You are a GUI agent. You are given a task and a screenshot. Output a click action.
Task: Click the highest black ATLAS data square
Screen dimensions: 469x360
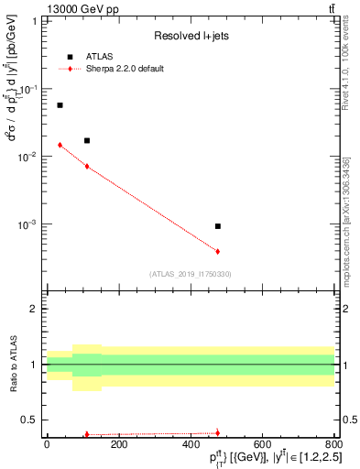tap(60, 105)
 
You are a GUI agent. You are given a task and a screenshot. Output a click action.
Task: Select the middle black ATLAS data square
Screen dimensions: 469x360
tap(87, 140)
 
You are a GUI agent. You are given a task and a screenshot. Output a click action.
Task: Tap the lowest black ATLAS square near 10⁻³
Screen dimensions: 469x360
tap(218, 225)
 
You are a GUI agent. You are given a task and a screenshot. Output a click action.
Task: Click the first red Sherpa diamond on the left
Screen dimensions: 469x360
tap(60, 145)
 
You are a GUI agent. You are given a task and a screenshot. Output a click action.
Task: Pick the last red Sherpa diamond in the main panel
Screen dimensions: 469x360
tap(218, 251)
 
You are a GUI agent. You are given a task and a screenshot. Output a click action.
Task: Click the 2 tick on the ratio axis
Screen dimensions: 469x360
tap(35, 309)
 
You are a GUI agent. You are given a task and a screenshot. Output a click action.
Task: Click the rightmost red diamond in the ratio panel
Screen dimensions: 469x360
tap(218, 432)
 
